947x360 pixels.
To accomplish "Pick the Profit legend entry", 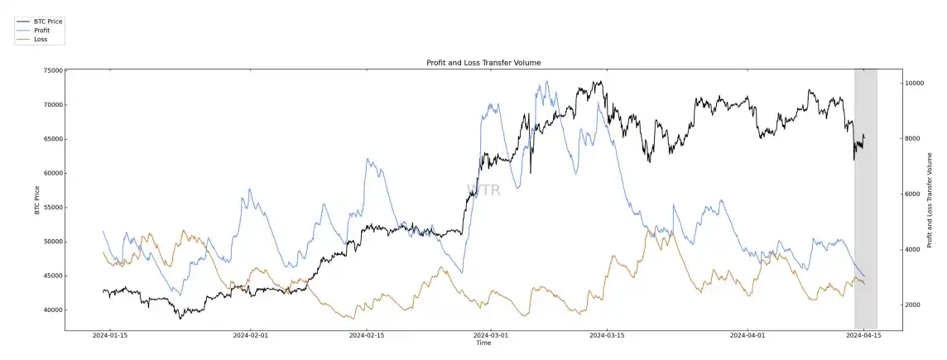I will pos(41,30).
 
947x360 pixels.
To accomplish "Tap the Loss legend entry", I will pos(40,39).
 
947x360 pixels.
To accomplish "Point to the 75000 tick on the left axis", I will pos(53,71).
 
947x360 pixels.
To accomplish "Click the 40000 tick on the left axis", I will pos(53,310).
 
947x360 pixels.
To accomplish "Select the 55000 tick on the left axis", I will pos(53,208).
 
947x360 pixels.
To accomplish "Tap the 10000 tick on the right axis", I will pos(914,83).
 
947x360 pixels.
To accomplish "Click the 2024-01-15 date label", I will pos(109,336).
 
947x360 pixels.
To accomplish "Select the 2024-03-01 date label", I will pos(491,336).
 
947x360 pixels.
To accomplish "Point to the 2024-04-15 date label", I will pos(865,336).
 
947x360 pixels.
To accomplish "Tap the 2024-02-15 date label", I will pos(368,336).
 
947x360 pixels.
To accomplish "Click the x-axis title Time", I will pos(483,343).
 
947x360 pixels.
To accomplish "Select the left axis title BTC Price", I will pos(37,199).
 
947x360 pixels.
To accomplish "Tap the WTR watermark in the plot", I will pos(483,190).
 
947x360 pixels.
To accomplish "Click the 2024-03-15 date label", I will pos(605,336).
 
